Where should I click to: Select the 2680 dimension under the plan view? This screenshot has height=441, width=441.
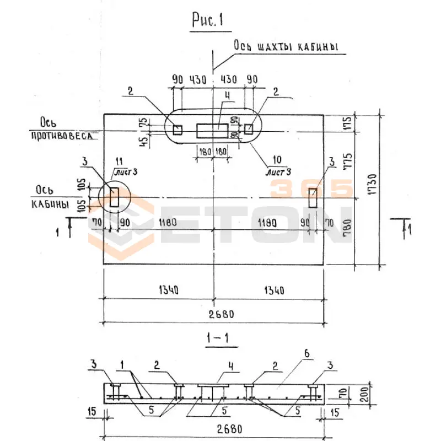pos(222,314)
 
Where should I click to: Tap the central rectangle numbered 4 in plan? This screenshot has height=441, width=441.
pos(212,130)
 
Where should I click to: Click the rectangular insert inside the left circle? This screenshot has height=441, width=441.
pos(114,197)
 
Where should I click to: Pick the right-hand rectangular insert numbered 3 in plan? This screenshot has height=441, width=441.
pos(313,198)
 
